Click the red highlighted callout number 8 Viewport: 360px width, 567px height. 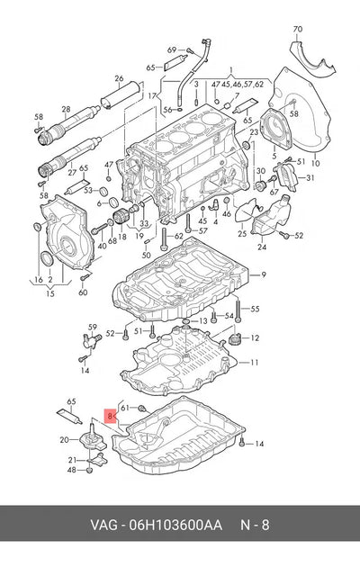pos(110,416)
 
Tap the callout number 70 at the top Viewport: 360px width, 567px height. pos(298,29)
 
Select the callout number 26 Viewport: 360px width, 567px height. pos(119,78)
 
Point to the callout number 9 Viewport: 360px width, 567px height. pos(264,274)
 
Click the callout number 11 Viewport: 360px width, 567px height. pos(254,362)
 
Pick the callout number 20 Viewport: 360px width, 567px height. pos(64,440)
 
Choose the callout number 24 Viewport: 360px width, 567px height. pos(262,247)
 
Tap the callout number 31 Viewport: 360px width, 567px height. pos(310,177)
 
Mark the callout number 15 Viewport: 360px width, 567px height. pos(50,293)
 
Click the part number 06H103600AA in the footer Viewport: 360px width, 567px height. pos(176,525)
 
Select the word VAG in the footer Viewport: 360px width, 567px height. pos(103,525)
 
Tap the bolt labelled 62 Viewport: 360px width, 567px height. pos(164,238)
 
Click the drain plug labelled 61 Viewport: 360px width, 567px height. pos(142,409)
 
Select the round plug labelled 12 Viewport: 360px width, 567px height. pos(235,339)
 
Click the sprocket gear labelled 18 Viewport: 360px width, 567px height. pos(120,218)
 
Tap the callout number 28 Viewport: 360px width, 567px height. pos(66,109)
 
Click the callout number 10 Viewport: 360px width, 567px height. pos(316,163)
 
